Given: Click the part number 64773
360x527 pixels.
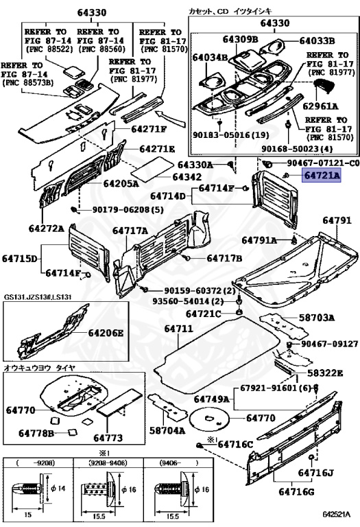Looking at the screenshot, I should pyautogui.click(x=108, y=437).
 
